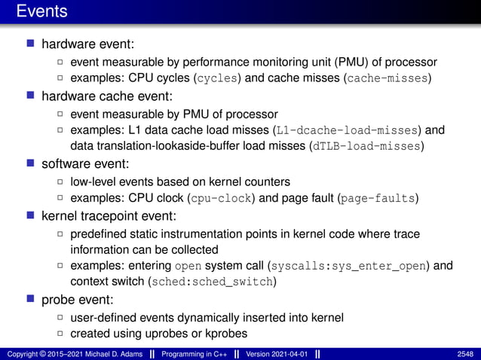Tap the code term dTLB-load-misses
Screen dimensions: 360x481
click(366, 146)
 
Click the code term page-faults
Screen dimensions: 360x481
click(377, 198)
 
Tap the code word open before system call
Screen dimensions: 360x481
click(188, 266)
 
